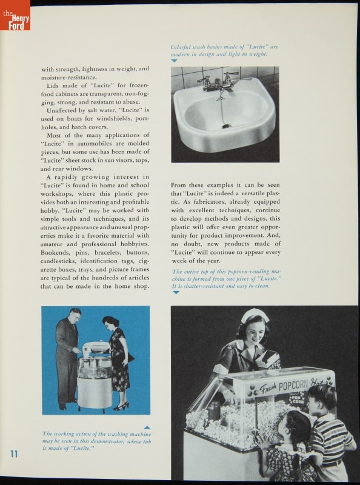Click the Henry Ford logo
[15, 15]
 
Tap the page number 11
[14, 453]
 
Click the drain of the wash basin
[226, 126]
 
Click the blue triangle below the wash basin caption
[174, 61]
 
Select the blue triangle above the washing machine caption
[147, 427]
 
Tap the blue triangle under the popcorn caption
[176, 292]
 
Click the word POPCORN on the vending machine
[293, 386]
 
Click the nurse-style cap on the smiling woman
[255, 315]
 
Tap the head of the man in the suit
[76, 315]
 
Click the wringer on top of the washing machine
[96, 347]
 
